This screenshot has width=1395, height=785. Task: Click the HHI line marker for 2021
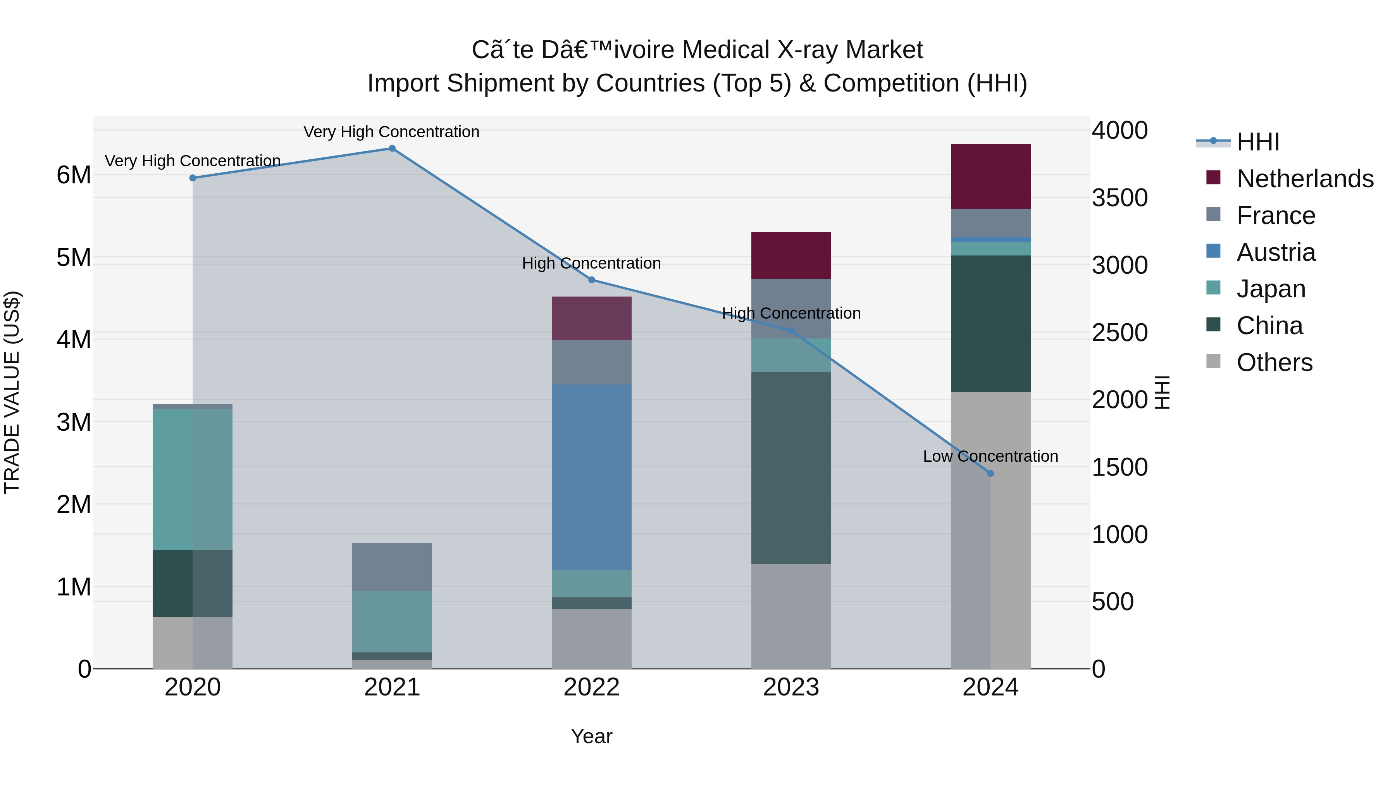(x=392, y=148)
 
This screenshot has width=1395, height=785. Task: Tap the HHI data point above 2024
(x=990, y=473)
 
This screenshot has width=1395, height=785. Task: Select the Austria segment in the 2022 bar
(x=591, y=477)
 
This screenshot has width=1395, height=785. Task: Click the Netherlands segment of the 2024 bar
(x=990, y=176)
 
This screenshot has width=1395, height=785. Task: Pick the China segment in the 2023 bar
(x=791, y=468)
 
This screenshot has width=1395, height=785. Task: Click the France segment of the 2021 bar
(x=392, y=567)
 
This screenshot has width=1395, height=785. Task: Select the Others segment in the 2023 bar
(x=791, y=616)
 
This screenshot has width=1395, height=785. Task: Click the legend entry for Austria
(x=1276, y=252)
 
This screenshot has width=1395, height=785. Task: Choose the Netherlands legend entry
(x=1305, y=179)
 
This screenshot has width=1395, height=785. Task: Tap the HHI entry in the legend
(x=1257, y=142)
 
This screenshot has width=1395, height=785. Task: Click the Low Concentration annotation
(x=990, y=456)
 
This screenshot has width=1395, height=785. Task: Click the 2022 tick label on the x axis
(x=591, y=687)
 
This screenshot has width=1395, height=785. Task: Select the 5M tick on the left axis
(x=74, y=258)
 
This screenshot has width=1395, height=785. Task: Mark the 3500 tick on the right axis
(x=1119, y=198)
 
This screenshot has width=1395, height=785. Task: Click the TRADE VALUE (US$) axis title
(x=12, y=392)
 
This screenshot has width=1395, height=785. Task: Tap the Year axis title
(x=591, y=736)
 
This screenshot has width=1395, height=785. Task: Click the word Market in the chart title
(x=884, y=50)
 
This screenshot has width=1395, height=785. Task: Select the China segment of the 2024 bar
(x=990, y=323)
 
